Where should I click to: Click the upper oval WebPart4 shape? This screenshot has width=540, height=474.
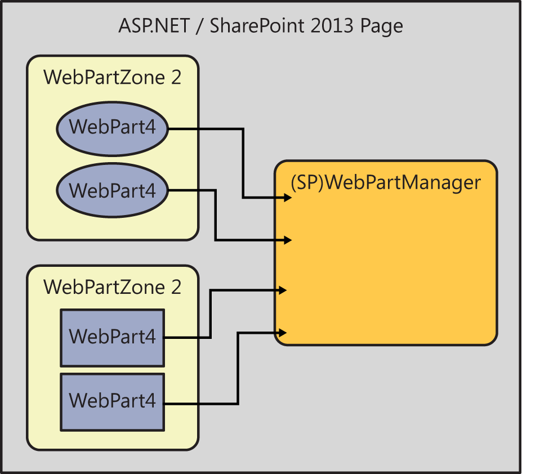(113, 129)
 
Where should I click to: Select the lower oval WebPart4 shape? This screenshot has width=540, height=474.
(113, 190)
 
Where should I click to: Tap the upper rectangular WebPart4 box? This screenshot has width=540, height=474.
(112, 337)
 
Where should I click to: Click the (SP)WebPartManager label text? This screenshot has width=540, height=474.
(386, 183)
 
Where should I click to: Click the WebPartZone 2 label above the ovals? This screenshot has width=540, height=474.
(113, 77)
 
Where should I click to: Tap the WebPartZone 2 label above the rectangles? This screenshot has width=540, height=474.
(113, 287)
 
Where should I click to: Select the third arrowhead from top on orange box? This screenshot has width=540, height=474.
(283, 290)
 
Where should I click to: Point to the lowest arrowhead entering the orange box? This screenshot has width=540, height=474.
(283, 333)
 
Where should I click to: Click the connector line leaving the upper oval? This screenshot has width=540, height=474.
(243, 163)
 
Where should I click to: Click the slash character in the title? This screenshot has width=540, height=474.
(197, 26)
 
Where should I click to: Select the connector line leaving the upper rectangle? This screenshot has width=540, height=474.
(209, 315)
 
